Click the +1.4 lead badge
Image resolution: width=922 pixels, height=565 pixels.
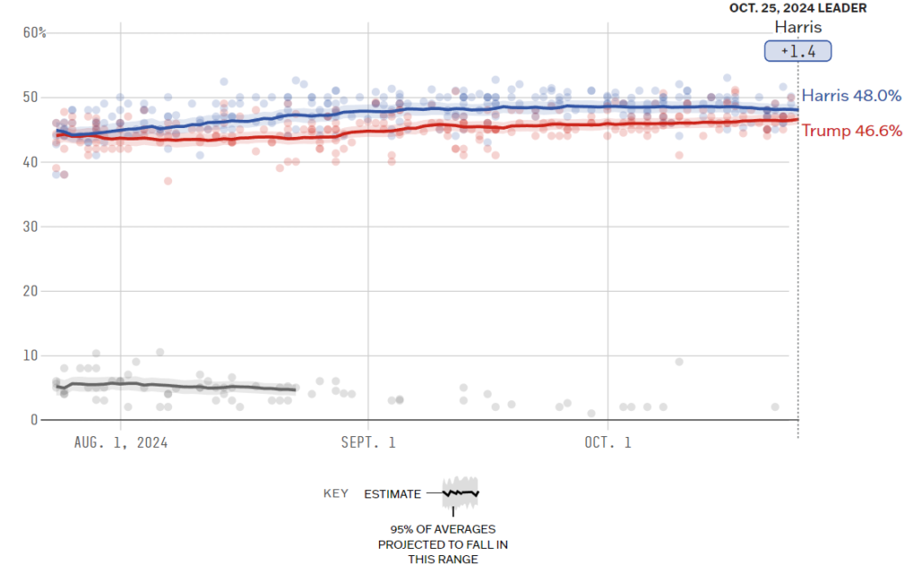point(798,51)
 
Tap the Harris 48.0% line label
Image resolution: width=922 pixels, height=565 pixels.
point(851,96)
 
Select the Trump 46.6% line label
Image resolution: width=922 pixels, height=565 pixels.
point(852,131)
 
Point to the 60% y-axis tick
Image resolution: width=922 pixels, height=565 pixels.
point(35,32)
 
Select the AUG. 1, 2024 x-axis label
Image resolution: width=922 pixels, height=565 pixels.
point(122,442)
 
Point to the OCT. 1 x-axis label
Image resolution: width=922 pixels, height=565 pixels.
point(608,442)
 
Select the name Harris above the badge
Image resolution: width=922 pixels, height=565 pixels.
point(798,27)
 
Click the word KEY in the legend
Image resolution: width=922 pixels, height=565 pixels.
point(335,494)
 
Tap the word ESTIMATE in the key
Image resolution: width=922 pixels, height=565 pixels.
point(392,494)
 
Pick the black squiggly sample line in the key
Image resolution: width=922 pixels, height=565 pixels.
point(460,493)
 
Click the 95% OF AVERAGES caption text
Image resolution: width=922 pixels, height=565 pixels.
point(442,529)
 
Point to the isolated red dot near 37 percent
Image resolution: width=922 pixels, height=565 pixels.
point(167,181)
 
